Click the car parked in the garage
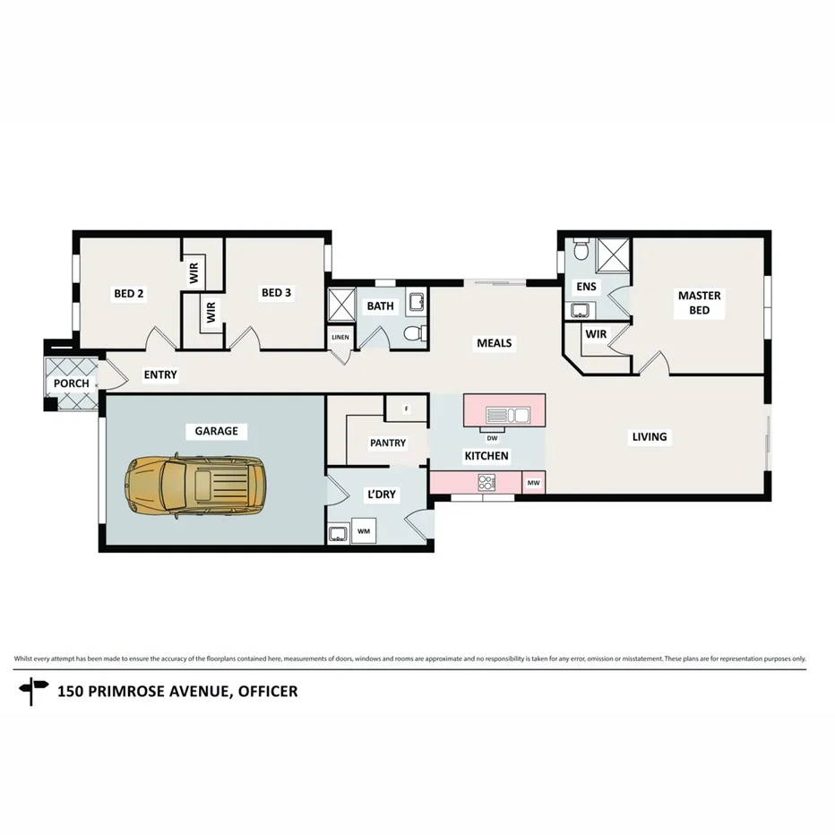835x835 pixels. pos(196,485)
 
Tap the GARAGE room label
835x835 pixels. pos(217,431)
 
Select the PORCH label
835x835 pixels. pos(72,383)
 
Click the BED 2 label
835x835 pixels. pos(128,293)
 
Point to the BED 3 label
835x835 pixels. pos(276,293)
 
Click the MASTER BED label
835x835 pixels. pos(699,303)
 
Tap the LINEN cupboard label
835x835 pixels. pos(340,337)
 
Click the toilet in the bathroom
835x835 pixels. pos(413,334)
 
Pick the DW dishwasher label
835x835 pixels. pos(492,438)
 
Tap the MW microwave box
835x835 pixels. pos(533,483)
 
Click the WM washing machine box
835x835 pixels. pos(364,531)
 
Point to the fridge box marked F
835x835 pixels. pos(406,409)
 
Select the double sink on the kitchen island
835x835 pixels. pos(508,414)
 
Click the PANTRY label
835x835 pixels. pos(387,443)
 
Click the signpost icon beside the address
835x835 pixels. pos(35,691)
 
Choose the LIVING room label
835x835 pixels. pos(650,437)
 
